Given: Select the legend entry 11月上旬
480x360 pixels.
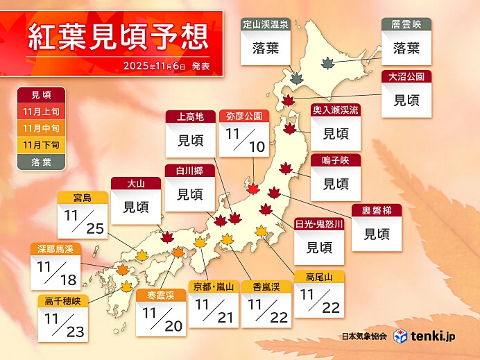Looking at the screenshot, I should click(41, 111).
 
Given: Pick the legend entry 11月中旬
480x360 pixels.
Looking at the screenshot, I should click(41, 128).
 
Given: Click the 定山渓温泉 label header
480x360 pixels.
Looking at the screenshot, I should click(265, 24).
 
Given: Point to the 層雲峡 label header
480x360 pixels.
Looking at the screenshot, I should click(406, 24).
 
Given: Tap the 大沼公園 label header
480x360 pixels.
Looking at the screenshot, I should click(406, 76).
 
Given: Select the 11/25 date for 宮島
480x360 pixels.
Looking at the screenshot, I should click(83, 221).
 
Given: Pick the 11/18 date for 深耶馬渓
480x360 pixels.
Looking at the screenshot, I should click(55, 271).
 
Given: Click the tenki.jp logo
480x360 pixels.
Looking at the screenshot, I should click(425, 336).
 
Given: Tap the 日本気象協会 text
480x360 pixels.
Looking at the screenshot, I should click(365, 336).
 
